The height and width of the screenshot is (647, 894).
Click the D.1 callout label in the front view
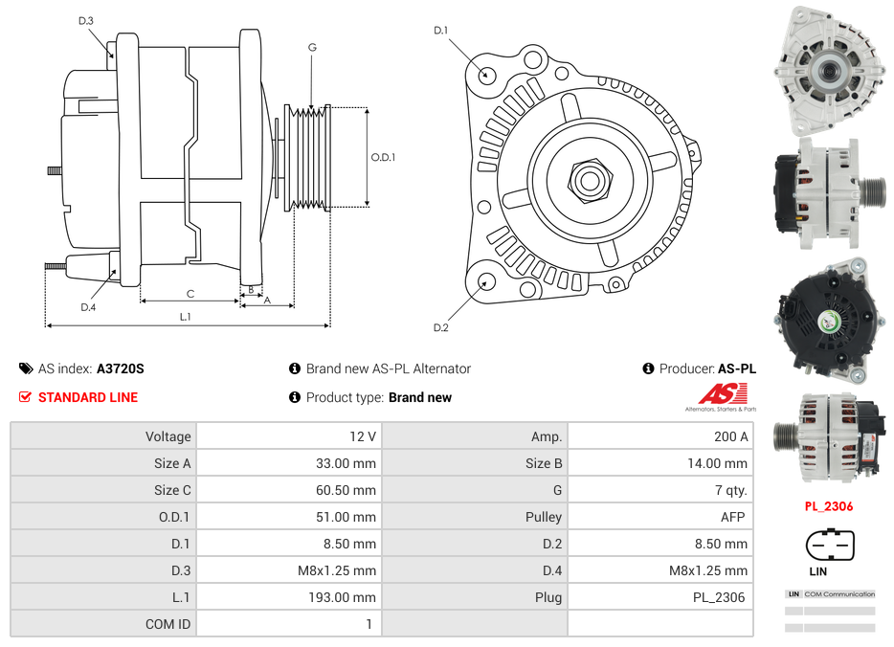(x=440, y=31)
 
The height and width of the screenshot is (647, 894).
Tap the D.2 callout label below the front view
(x=440, y=328)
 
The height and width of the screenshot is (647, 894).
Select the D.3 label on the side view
(x=86, y=20)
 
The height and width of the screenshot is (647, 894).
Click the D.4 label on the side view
(x=88, y=307)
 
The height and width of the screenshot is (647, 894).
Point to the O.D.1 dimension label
(x=383, y=158)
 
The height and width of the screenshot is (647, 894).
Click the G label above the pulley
(x=312, y=47)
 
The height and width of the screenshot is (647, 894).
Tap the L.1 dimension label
(x=186, y=316)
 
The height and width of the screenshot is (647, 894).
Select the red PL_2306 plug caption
(x=828, y=506)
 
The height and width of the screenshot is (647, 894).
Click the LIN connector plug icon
(x=829, y=546)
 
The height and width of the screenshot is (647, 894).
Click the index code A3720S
(x=120, y=368)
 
